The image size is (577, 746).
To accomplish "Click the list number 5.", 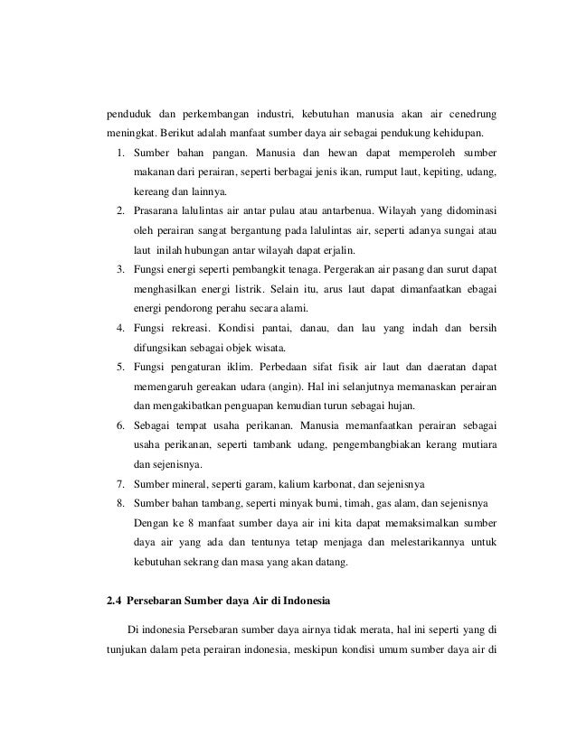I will click(x=120, y=368).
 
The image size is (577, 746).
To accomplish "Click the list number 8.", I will click(x=120, y=504).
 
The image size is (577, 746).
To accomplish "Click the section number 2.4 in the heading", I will click(x=115, y=600).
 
